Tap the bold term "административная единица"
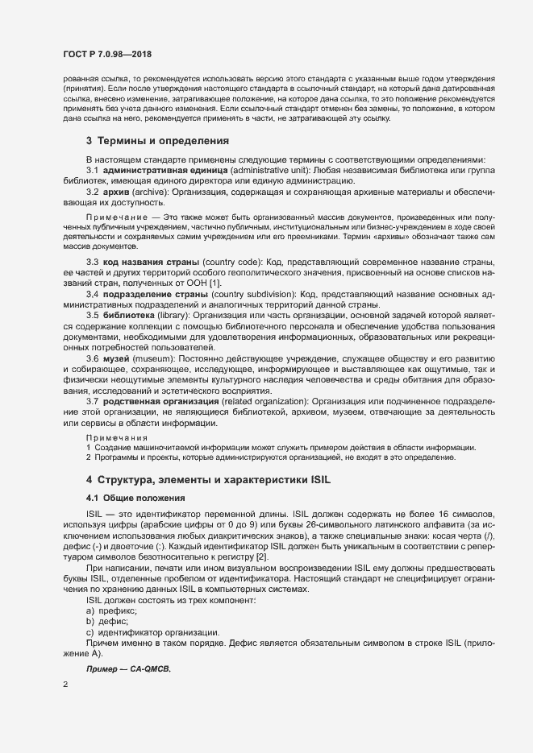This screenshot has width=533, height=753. point(155,171)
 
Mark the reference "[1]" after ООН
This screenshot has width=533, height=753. point(214,284)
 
